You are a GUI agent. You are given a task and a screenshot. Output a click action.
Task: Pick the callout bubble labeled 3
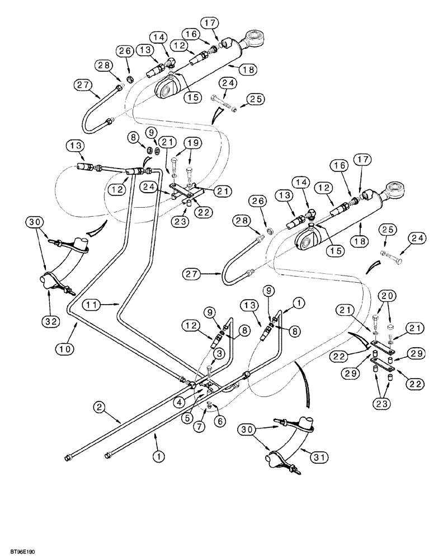pos(219,353)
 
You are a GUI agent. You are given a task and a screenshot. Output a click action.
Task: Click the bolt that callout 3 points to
pos(209,368)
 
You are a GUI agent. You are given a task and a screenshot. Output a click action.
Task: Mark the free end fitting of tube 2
pos(68,491)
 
